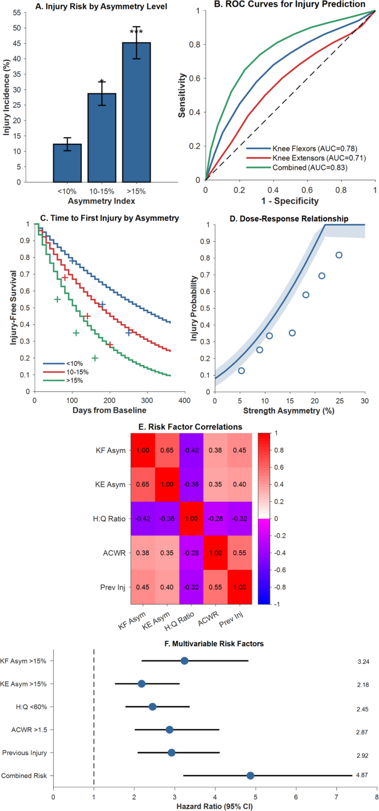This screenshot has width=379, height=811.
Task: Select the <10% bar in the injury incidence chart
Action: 67,163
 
